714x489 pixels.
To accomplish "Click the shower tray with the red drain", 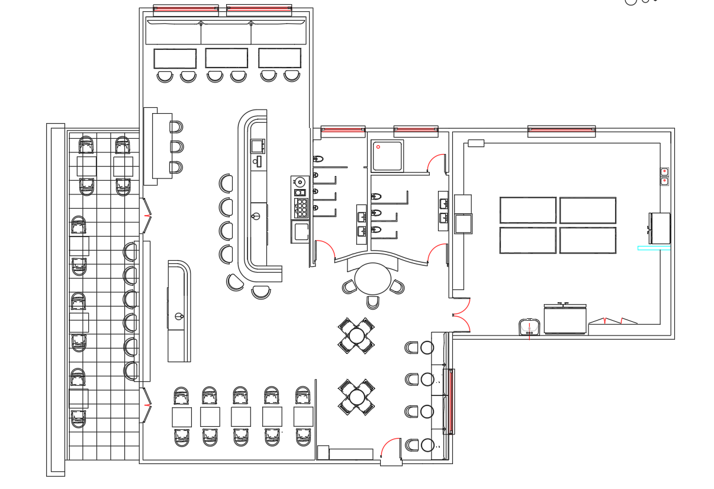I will (388, 155).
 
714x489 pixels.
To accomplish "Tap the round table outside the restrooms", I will (373, 279).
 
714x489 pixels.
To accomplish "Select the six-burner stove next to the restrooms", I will (301, 207).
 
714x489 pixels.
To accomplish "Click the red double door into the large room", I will (462, 315).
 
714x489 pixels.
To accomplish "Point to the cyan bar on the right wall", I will (654, 248).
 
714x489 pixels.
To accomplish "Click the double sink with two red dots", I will (664, 176).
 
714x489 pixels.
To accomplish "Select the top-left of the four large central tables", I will (528, 210).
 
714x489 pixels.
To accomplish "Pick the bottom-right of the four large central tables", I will (587, 240).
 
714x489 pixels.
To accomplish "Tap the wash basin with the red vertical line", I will (529, 327).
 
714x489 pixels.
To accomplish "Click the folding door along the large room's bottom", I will (613, 321).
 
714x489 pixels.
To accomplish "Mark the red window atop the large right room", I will (561, 129).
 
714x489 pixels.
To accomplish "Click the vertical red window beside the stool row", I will (451, 401).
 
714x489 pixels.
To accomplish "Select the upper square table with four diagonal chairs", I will (356, 336).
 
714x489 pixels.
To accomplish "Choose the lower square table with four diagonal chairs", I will (357, 397).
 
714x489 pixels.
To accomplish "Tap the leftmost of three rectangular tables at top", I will (175, 59).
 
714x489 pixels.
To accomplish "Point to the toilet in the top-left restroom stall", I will (318, 159).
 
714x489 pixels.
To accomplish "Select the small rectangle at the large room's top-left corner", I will (475, 143).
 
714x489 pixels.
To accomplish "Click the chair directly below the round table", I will (372, 302).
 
